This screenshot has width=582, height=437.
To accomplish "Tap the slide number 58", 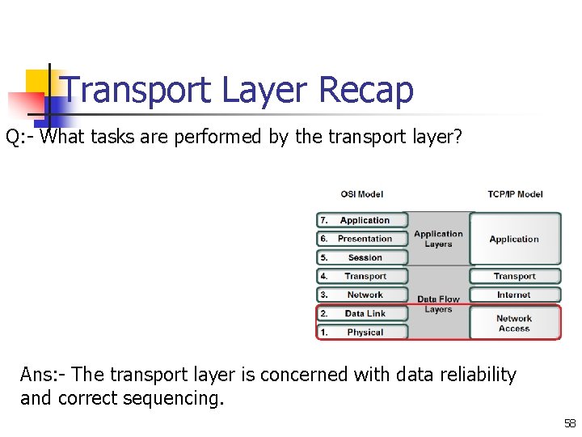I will point(570,423).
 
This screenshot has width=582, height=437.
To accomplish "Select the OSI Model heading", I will point(361,194).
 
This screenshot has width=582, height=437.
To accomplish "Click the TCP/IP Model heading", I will point(515,194).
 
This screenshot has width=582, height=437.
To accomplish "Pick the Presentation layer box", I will point(362,239).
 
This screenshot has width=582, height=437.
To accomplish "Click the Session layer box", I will point(362,257).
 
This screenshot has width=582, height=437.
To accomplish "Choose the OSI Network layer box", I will point(362,295).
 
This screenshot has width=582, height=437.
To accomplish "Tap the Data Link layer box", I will point(362,313).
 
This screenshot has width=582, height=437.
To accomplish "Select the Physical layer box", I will point(362,332).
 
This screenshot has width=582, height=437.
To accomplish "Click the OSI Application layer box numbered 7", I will point(362,220).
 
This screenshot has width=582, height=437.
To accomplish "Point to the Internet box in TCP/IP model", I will point(515,295).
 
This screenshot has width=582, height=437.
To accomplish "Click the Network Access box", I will point(515,323).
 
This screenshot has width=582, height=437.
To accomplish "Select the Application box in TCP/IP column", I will point(515,239).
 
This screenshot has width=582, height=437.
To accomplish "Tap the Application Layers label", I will point(438,239).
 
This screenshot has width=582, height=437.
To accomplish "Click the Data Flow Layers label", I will point(438,304).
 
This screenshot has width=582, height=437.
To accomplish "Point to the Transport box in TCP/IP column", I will point(515,276).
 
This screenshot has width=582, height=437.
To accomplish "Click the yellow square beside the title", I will point(38,82).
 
